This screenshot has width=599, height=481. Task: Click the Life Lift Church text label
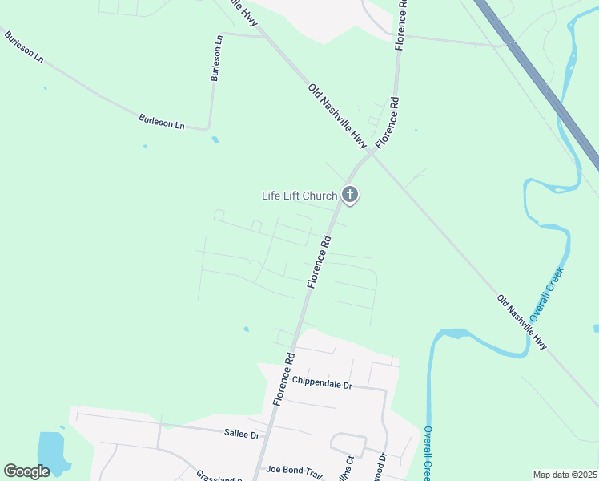299,196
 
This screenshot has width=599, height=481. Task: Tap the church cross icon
350,195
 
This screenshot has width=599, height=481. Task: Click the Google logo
27,471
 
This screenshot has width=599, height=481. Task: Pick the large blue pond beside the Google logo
50,452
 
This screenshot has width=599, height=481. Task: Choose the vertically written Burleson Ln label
216,58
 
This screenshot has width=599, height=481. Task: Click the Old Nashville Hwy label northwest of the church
337,117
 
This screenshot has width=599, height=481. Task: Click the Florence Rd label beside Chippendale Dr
283,378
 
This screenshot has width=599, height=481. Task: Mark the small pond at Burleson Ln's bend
215,140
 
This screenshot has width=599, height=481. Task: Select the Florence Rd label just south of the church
319,261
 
